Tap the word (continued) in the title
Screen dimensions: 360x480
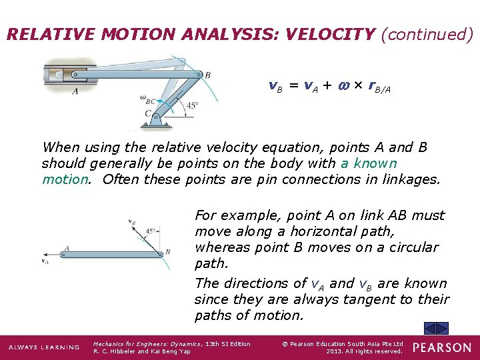click(x=427, y=34)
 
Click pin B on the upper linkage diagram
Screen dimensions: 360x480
click(x=198, y=75)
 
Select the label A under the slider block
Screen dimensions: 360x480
click(x=74, y=91)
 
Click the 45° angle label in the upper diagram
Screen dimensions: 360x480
click(x=192, y=105)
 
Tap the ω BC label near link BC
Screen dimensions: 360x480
click(x=148, y=100)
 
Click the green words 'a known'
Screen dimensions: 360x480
click(x=369, y=163)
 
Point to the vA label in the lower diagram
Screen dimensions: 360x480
click(x=45, y=261)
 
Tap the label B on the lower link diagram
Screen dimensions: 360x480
click(x=167, y=252)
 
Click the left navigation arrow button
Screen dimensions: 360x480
click(x=431, y=327)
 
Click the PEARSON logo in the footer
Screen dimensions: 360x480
click(x=441, y=347)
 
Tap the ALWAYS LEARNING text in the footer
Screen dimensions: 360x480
click(x=43, y=347)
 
